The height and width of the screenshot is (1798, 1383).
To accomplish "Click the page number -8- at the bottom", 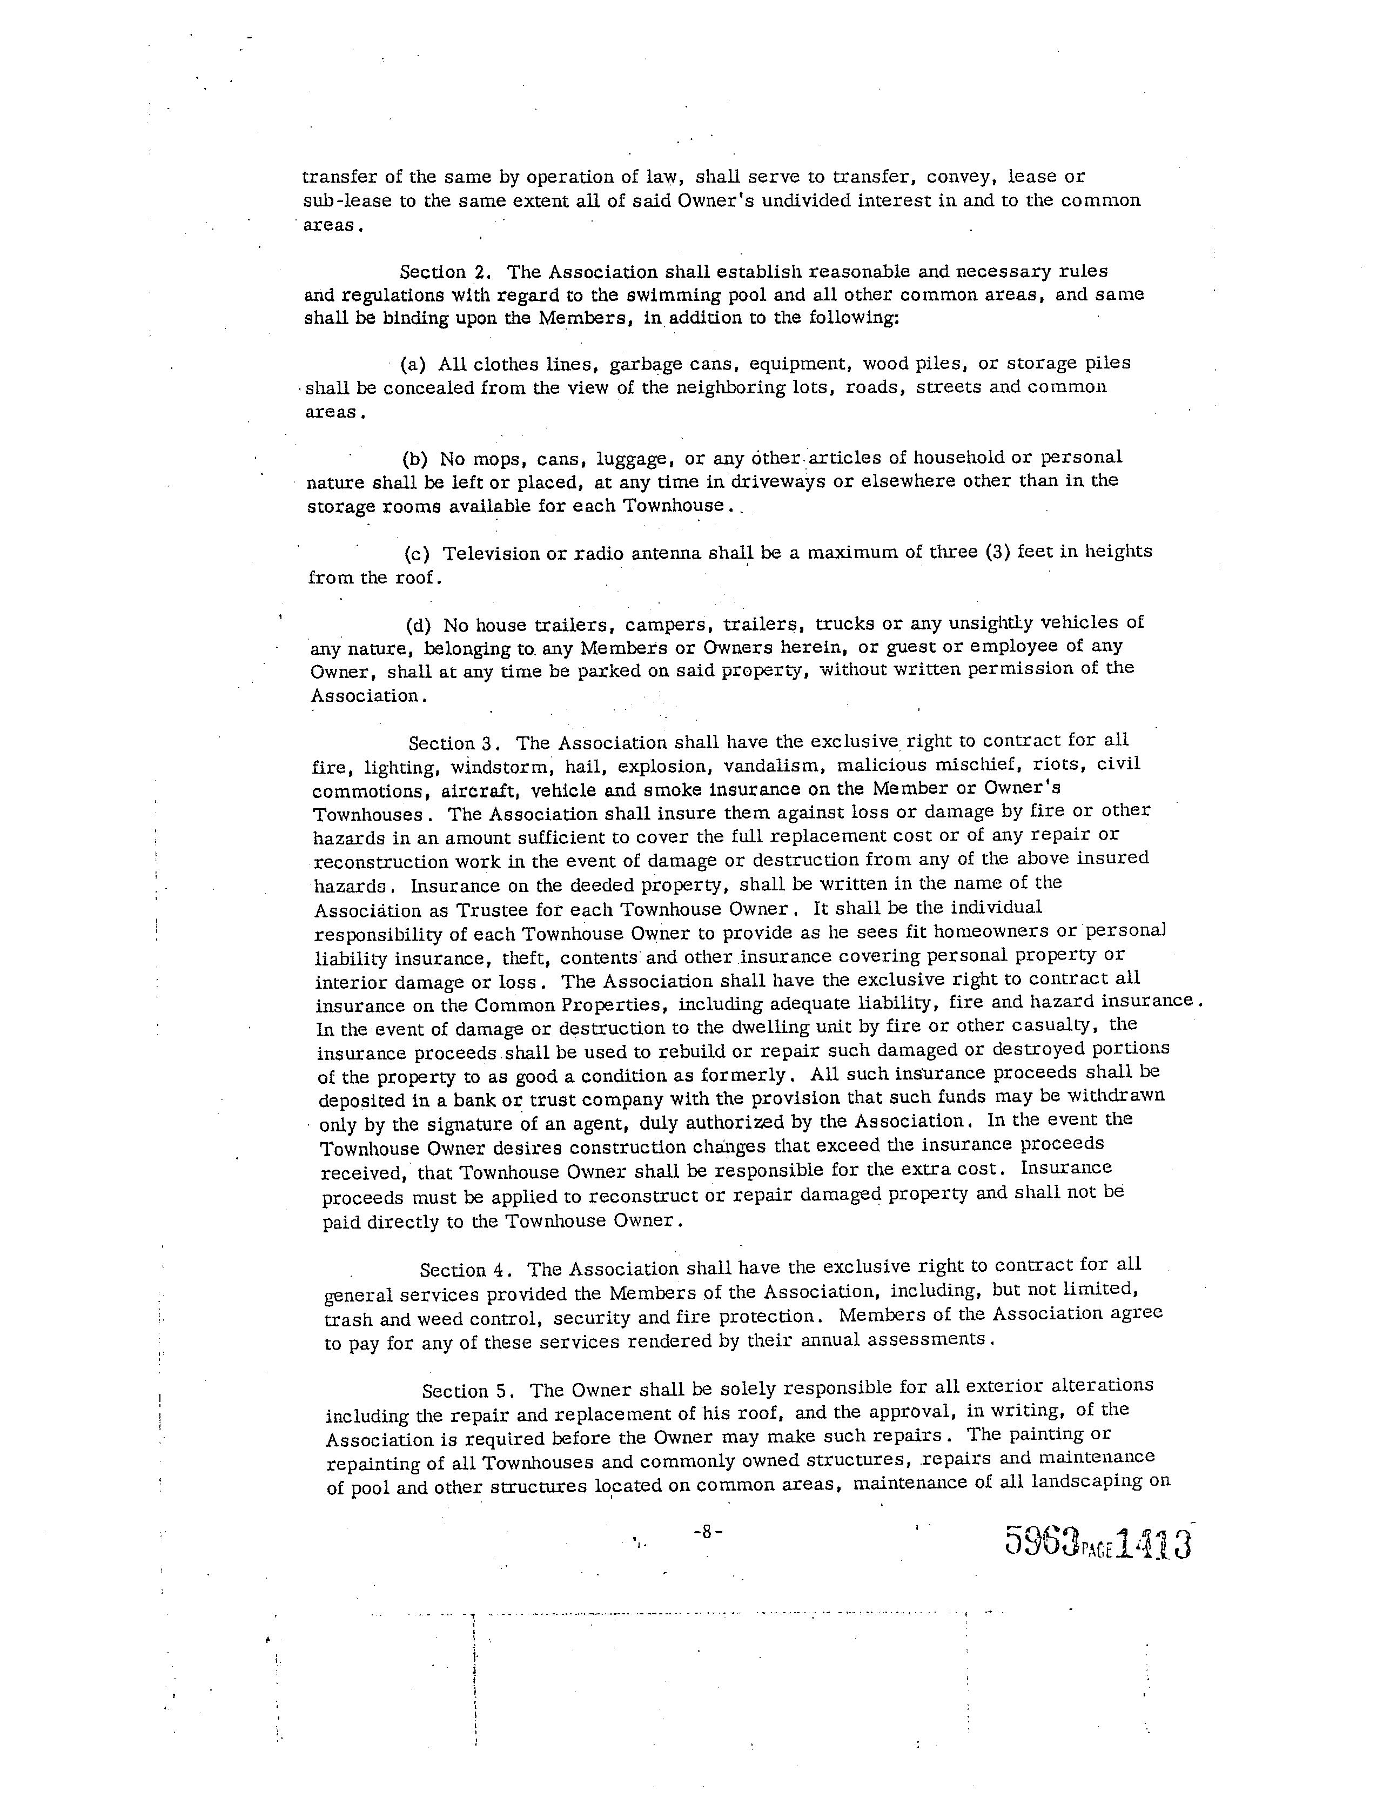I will pyautogui.click(x=708, y=1532).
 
